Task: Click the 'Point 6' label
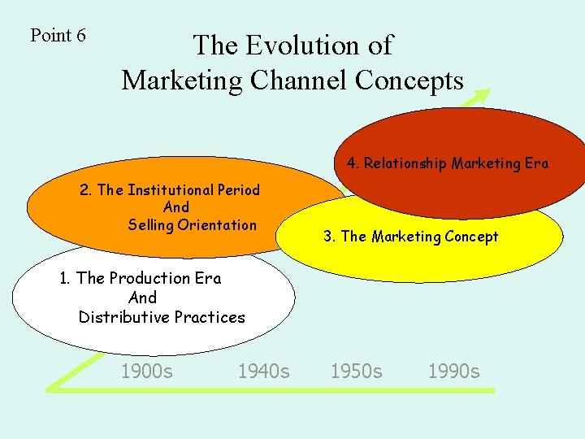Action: (x=58, y=36)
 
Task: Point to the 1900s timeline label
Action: (x=146, y=372)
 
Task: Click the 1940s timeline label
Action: (x=263, y=372)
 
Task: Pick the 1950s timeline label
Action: (x=356, y=372)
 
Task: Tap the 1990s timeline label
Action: (x=454, y=372)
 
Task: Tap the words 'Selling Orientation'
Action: (x=192, y=225)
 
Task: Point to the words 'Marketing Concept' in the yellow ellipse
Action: (x=435, y=237)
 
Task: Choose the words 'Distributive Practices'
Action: (x=162, y=317)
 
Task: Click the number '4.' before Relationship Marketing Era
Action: (x=353, y=163)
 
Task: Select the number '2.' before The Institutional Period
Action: (x=86, y=190)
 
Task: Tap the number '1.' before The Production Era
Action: (x=66, y=278)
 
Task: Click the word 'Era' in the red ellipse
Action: (x=536, y=163)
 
